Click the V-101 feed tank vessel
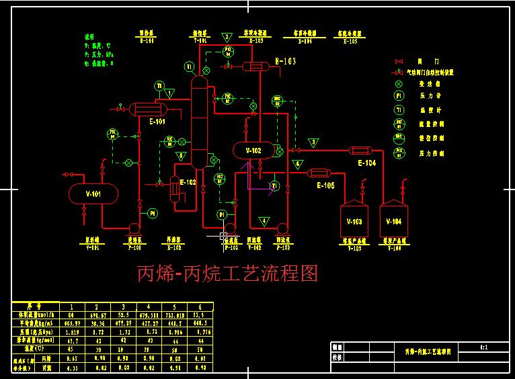click(x=93, y=194)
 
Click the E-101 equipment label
click(x=157, y=122)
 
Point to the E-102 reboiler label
click(x=188, y=181)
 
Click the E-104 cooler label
click(x=366, y=163)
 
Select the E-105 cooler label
click(x=325, y=185)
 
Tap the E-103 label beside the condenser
click(x=286, y=61)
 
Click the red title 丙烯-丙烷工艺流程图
click(x=227, y=273)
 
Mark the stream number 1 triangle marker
click(x=170, y=93)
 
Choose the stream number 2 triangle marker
click(x=227, y=37)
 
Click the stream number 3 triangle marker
click(x=313, y=142)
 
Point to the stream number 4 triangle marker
click(x=264, y=220)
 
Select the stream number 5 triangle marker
click(x=180, y=156)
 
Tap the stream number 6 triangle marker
click(x=299, y=163)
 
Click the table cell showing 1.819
click(x=68, y=331)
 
